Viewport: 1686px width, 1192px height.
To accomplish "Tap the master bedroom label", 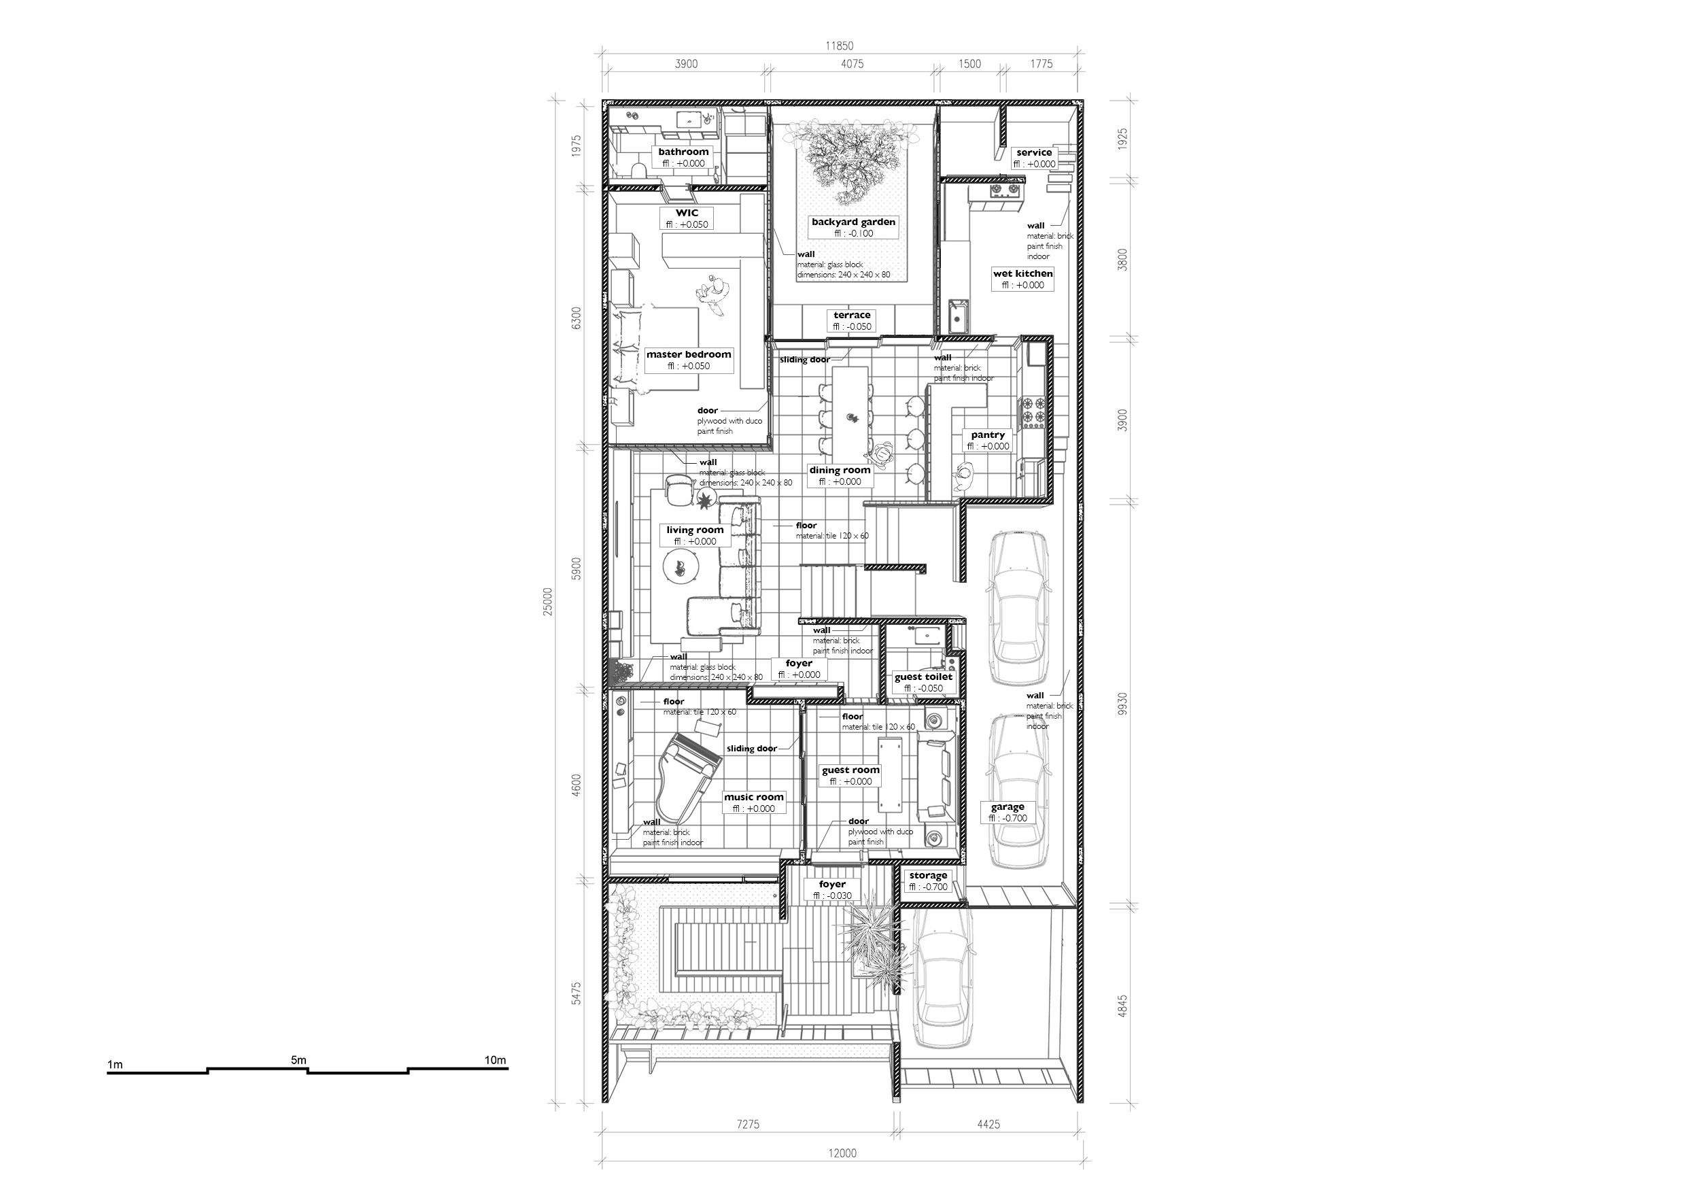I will [x=689, y=355].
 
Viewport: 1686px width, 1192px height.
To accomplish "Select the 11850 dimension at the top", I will [x=840, y=46].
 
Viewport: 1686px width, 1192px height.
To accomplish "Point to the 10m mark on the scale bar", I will [x=495, y=1060].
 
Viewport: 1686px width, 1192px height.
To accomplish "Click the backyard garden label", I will [x=853, y=222].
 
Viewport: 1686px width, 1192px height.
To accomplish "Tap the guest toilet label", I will [x=923, y=677].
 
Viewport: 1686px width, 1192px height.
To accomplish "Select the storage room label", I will [x=928, y=875].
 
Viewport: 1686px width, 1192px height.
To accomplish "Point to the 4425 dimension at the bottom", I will [x=988, y=1124].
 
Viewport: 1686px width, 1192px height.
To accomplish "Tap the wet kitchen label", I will [x=1023, y=273].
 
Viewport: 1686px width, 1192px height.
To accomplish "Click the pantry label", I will [x=988, y=435].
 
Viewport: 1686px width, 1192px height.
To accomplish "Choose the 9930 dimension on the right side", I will [x=1122, y=704].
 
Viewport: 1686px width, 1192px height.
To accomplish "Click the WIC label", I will [x=687, y=213].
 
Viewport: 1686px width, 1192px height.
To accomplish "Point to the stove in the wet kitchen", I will [x=1005, y=191].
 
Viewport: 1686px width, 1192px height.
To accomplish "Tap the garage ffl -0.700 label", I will [x=1008, y=818].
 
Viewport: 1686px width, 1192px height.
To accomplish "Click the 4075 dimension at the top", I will [x=852, y=64].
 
